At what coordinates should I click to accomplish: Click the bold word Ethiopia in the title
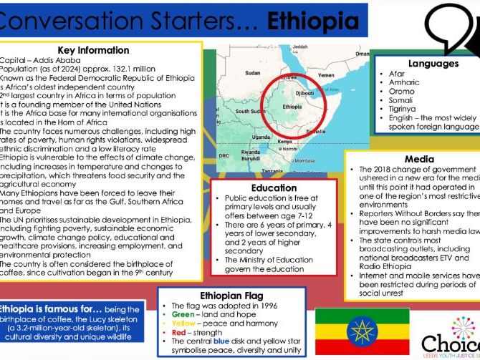(313, 21)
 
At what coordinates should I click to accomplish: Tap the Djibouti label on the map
(305, 92)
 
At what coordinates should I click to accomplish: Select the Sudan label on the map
(253, 73)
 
